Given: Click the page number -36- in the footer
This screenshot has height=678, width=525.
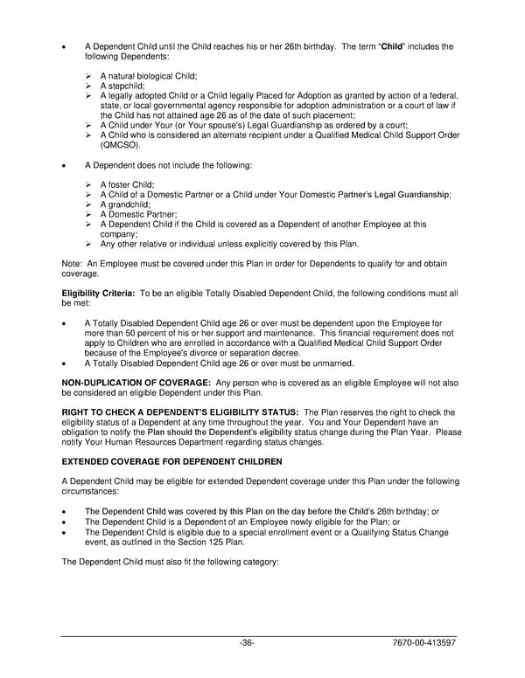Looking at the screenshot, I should (247, 644).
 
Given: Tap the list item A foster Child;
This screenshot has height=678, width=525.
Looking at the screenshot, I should (127, 184).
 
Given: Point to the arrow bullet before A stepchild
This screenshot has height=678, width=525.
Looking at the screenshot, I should (88, 86).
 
